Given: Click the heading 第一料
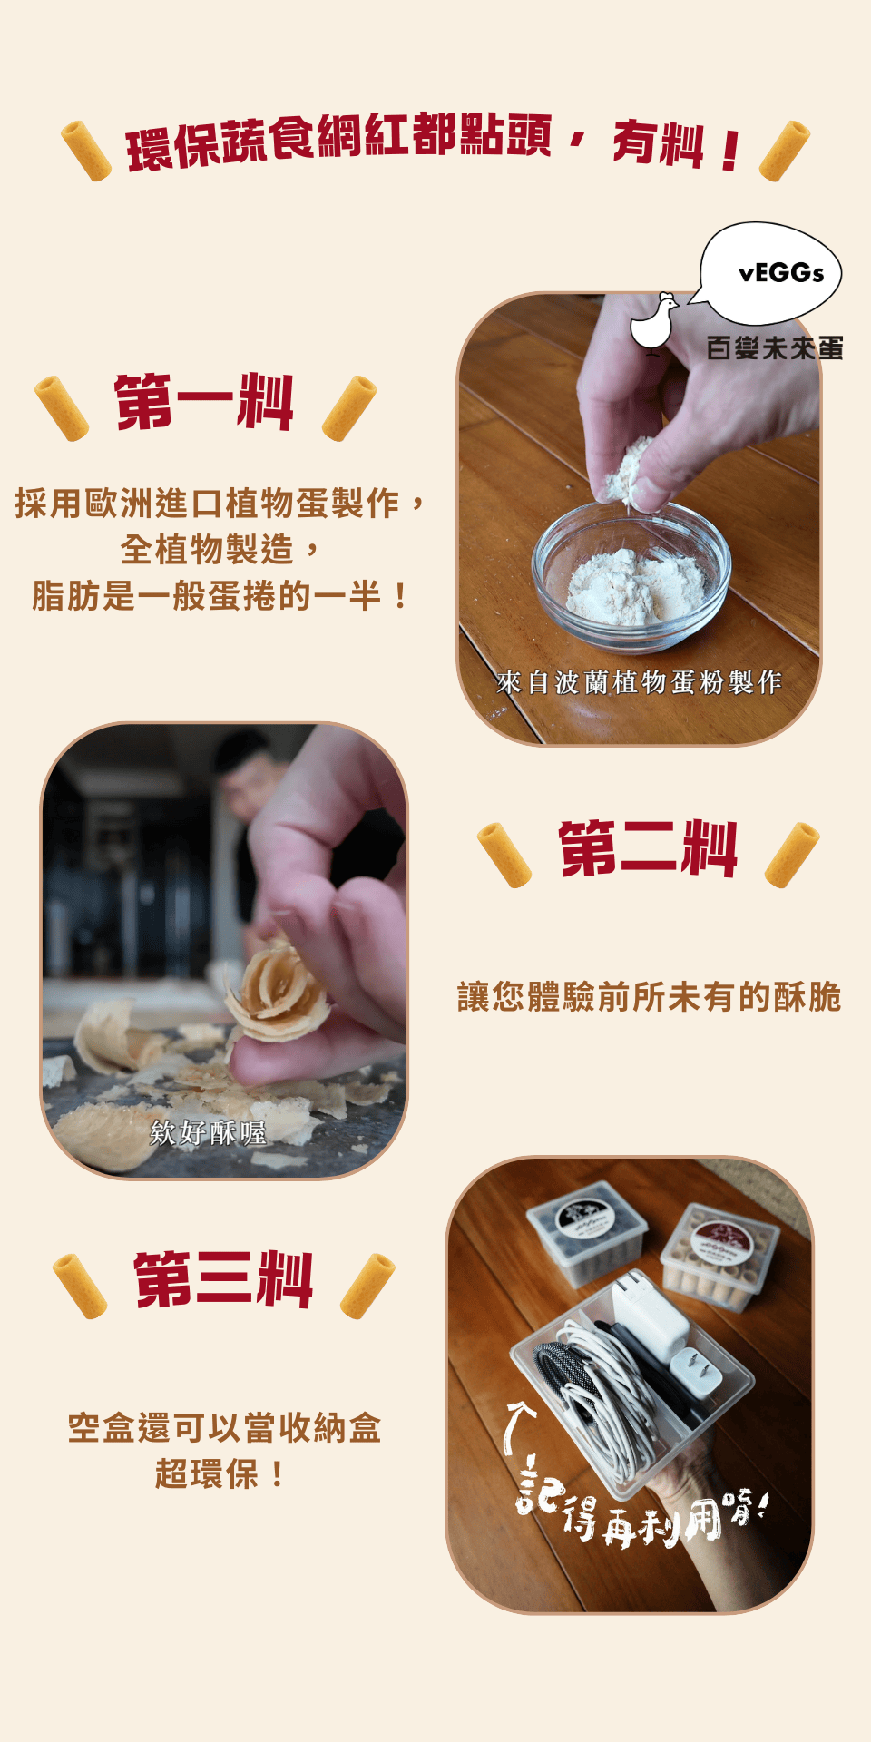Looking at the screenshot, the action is point(204,402).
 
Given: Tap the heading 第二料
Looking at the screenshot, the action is point(648,848).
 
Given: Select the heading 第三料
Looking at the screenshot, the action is point(224,1279).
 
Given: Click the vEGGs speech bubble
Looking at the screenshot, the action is point(770,273).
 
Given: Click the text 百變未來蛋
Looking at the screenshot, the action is point(775,347).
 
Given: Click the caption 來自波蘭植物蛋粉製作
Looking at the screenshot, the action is point(639,682).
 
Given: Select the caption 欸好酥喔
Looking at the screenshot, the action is point(208,1132).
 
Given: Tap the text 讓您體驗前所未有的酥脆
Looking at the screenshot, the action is point(650,997).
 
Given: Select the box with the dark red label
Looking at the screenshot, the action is point(720,1258).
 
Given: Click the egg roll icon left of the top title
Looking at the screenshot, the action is point(86,151).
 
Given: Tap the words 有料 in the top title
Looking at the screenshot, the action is point(659,144).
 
